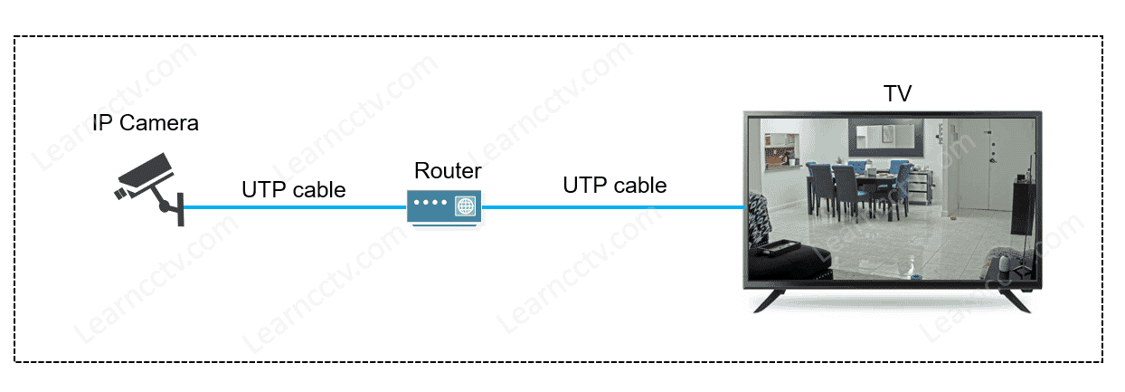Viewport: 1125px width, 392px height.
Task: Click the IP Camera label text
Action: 145,123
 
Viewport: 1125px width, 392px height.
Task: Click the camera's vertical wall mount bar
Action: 181,208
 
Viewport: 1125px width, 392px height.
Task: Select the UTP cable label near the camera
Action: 293,190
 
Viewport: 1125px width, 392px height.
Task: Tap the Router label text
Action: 448,170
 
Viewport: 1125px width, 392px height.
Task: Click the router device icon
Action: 444,206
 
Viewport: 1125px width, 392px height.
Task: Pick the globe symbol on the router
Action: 465,206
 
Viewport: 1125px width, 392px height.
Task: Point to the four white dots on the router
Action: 431,206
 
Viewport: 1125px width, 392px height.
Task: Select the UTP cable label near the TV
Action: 614,186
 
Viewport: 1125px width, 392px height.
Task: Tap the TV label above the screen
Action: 896,93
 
